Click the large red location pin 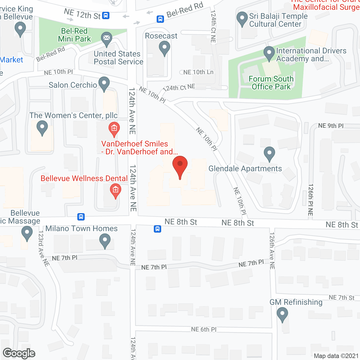point(180,166)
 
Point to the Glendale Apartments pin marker point(269,154)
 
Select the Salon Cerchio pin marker point(104,84)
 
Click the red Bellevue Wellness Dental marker point(115,190)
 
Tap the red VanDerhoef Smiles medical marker point(114,129)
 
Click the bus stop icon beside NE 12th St point(106,15)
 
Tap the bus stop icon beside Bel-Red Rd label point(160,19)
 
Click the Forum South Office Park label point(271,83)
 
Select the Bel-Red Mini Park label point(75,35)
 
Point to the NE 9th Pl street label point(331,126)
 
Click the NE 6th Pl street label point(204,329)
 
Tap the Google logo point(19,353)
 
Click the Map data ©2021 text point(336,356)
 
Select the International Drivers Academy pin point(269,53)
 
